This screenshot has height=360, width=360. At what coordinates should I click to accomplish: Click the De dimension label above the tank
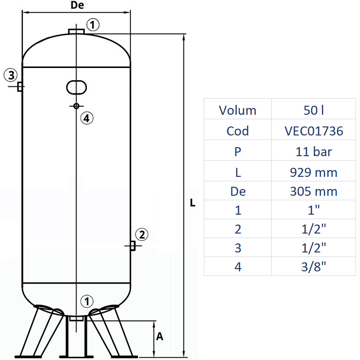pyautogui.click(x=78, y=6)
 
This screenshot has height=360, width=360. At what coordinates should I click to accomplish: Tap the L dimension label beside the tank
pyautogui.click(x=193, y=203)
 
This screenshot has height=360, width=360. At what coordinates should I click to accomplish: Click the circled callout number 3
pyautogui.click(x=11, y=75)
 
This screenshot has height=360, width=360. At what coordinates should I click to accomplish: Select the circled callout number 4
pyautogui.click(x=87, y=118)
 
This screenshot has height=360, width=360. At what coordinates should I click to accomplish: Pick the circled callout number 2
pyautogui.click(x=141, y=234)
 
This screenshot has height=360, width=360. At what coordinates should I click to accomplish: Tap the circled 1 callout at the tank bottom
pyautogui.click(x=87, y=301)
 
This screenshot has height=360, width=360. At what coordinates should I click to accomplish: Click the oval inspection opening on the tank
pyautogui.click(x=76, y=87)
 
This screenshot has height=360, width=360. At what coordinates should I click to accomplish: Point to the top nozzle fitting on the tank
pyautogui.click(x=76, y=31)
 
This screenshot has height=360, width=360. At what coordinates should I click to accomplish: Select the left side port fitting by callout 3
pyautogui.click(x=20, y=86)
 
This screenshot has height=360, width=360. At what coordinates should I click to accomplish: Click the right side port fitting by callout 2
pyautogui.click(x=132, y=246)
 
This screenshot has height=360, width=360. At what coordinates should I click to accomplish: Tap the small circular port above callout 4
pyautogui.click(x=76, y=106)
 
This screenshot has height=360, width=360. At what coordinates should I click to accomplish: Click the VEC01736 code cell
pyautogui.click(x=314, y=131)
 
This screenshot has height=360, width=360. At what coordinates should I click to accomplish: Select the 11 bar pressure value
pyautogui.click(x=314, y=152)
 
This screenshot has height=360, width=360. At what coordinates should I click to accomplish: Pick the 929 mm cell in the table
pyautogui.click(x=314, y=172)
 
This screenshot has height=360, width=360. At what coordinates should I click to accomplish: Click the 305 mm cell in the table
pyautogui.click(x=314, y=191)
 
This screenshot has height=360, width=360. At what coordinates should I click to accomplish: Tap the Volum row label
pyautogui.click(x=238, y=110)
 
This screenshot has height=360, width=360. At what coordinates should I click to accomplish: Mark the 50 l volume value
pyautogui.click(x=314, y=110)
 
